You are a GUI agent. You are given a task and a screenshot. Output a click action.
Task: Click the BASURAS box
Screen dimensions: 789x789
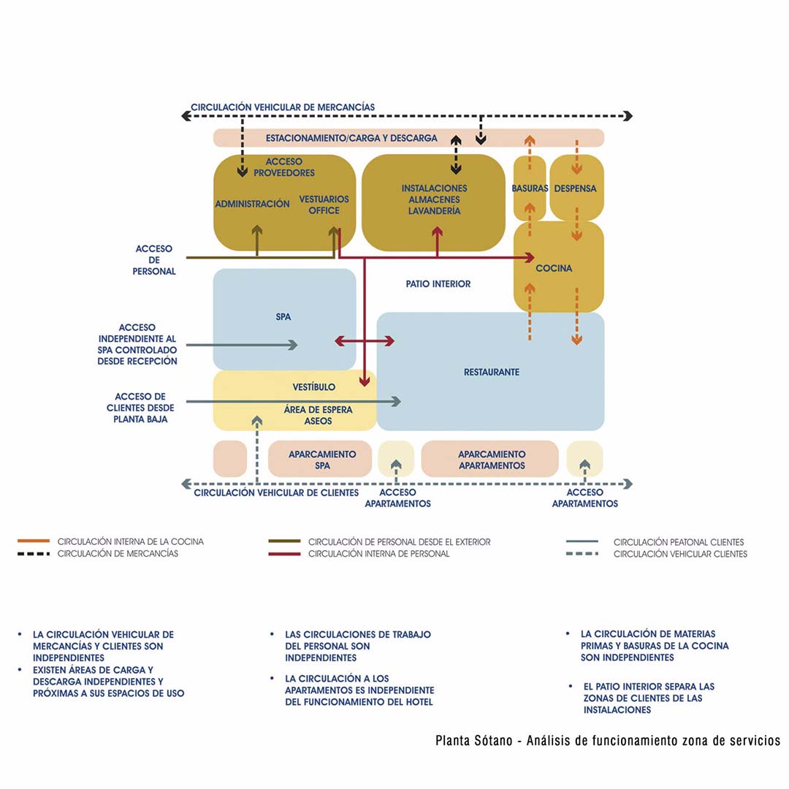point(530,188)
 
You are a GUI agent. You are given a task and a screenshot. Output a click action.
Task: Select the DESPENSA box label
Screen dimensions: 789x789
point(576,188)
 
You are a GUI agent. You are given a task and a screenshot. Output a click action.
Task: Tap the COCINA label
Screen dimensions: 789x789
point(554,269)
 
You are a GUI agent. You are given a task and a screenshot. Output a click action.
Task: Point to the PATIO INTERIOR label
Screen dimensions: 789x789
point(438,284)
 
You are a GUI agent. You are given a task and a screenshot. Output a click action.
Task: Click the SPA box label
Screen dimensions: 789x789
point(283,318)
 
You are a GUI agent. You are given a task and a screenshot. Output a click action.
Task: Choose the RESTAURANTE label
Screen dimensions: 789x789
point(492,373)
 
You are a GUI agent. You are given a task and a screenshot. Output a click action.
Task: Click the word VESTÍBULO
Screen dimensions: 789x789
point(313,386)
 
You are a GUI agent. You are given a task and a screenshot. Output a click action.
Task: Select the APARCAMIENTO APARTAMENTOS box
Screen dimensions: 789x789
point(491,460)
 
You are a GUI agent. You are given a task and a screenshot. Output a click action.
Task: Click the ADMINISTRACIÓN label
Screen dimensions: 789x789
point(252,205)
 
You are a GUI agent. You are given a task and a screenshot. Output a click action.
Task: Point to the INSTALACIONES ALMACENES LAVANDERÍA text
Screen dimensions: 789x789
point(434,199)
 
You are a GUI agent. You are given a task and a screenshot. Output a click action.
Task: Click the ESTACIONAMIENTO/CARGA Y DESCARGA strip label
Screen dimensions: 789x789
point(351,138)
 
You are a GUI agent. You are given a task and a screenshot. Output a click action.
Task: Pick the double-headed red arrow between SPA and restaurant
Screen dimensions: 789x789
point(365,341)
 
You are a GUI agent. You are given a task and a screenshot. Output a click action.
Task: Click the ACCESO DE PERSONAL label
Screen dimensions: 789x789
point(153,260)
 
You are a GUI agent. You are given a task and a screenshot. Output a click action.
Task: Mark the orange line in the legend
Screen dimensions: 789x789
point(33,541)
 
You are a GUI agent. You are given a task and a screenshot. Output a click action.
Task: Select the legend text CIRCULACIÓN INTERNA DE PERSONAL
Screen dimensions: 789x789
point(378,554)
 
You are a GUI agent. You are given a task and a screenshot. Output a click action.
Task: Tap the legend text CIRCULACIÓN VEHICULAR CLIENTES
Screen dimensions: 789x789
point(679,554)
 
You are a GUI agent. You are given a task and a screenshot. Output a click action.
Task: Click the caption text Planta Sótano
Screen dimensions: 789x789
point(475,741)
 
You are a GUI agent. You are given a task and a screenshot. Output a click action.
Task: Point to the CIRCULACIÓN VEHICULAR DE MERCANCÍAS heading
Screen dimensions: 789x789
point(283,107)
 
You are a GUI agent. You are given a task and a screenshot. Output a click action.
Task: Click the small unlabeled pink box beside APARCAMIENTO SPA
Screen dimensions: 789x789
point(230,459)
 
